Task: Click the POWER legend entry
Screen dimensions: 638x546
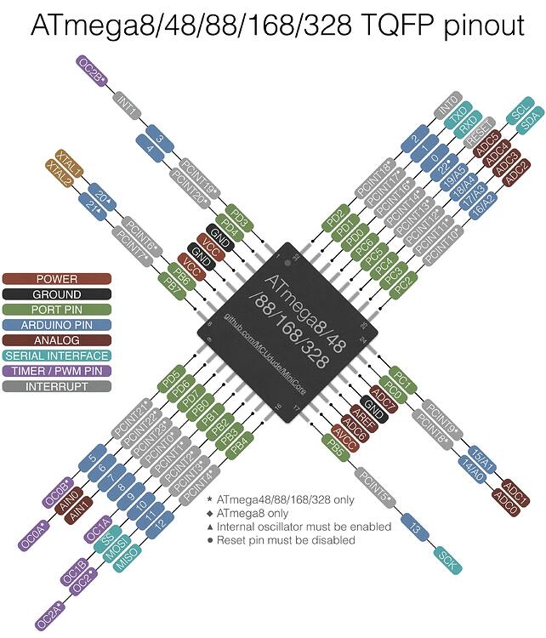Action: pyautogui.click(x=56, y=279)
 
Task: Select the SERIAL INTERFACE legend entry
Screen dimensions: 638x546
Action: pyautogui.click(x=56, y=356)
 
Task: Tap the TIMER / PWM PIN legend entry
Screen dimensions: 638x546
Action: pyautogui.click(x=56, y=371)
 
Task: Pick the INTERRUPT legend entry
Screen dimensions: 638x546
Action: pyautogui.click(x=56, y=386)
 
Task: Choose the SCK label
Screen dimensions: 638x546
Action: pyautogui.click(x=446, y=559)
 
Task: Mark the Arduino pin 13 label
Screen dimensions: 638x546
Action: pyautogui.click(x=414, y=528)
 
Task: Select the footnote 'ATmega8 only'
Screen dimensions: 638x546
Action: pyautogui.click(x=253, y=514)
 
